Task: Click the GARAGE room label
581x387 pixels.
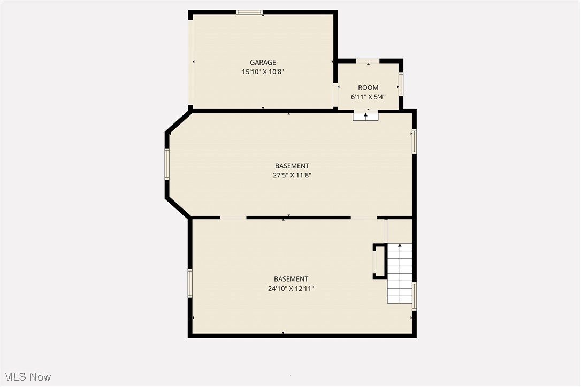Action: click(263, 63)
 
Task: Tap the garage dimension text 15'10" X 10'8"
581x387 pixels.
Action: click(263, 72)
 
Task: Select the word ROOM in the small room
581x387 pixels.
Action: click(368, 88)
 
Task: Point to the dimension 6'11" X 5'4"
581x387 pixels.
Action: click(368, 97)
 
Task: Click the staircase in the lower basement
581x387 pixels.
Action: click(400, 273)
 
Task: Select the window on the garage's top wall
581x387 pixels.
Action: click(249, 12)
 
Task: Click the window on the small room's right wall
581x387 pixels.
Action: click(401, 84)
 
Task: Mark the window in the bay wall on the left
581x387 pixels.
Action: click(167, 164)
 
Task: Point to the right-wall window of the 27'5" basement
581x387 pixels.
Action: click(414, 142)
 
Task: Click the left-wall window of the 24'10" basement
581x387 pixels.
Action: click(190, 283)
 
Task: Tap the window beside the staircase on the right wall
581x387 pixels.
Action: click(414, 296)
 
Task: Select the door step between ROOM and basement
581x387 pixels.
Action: click(365, 115)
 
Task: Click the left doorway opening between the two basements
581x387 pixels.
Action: click(233, 218)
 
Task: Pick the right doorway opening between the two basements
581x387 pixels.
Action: click(364, 218)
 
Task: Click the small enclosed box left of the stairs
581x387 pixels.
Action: click(379, 261)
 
